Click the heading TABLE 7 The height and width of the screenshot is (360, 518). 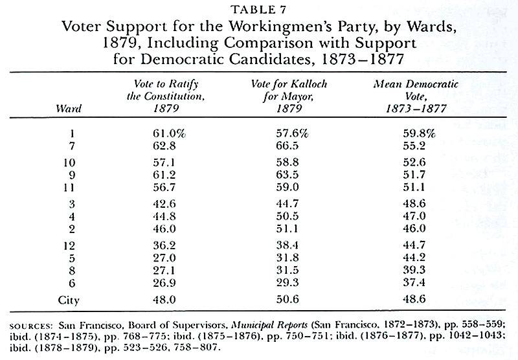[x=258, y=10]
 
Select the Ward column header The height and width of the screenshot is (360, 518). [x=69, y=108]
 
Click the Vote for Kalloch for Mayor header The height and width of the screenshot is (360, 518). [x=289, y=96]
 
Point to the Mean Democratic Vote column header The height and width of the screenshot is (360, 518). [x=416, y=96]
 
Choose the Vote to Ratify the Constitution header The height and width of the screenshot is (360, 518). [x=166, y=96]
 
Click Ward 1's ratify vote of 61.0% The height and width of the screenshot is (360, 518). [x=169, y=133]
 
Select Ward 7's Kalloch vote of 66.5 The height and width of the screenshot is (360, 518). [x=287, y=146]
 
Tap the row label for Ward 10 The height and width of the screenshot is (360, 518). [x=69, y=163]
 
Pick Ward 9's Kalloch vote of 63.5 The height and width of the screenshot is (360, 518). [x=287, y=175]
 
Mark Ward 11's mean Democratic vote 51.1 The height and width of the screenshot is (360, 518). [x=414, y=187]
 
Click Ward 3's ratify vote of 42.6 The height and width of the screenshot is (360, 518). [x=164, y=204]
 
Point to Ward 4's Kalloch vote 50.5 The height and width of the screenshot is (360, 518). [x=287, y=216]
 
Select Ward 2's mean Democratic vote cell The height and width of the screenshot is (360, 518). [x=414, y=228]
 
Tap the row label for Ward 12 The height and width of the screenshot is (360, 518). [x=69, y=246]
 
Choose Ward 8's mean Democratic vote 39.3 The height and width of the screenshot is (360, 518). [x=414, y=270]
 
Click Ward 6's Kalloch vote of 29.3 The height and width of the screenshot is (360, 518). [x=287, y=283]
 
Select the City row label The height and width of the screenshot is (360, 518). [x=69, y=300]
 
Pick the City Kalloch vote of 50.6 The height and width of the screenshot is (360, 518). [x=287, y=299]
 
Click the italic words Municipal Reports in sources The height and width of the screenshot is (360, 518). [x=269, y=324]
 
